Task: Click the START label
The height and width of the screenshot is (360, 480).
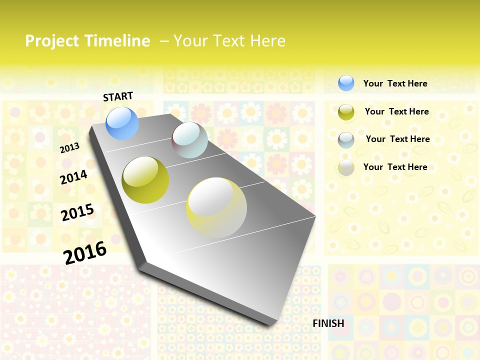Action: point(118,96)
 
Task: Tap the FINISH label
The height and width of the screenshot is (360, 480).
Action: point(328,323)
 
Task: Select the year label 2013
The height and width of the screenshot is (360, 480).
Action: point(70,148)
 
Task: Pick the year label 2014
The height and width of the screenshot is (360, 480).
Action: point(74,177)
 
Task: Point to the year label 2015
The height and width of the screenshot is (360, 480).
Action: point(77,212)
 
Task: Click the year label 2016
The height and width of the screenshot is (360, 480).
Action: point(85,252)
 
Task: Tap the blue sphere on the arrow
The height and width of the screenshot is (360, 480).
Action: point(122,123)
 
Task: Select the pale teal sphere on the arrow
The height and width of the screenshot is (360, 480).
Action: point(190,140)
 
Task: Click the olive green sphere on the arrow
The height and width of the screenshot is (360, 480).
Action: point(145,180)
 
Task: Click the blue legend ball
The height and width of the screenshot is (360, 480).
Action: point(346,83)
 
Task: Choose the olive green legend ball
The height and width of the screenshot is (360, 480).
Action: point(346,112)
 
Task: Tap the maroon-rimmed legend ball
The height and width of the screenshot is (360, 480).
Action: point(346,140)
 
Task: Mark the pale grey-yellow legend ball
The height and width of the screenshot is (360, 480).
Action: point(346,167)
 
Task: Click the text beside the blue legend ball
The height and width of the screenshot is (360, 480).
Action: point(395,83)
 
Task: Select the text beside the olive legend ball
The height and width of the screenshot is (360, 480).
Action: point(396,111)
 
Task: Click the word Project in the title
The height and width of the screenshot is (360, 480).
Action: point(51,41)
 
